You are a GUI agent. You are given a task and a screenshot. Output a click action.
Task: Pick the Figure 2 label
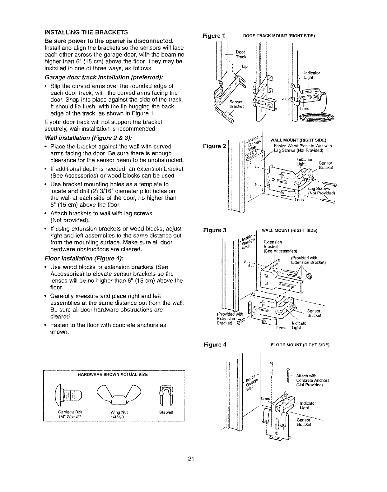(214, 146)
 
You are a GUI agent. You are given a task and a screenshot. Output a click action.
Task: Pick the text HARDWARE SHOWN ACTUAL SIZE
(112, 375)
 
